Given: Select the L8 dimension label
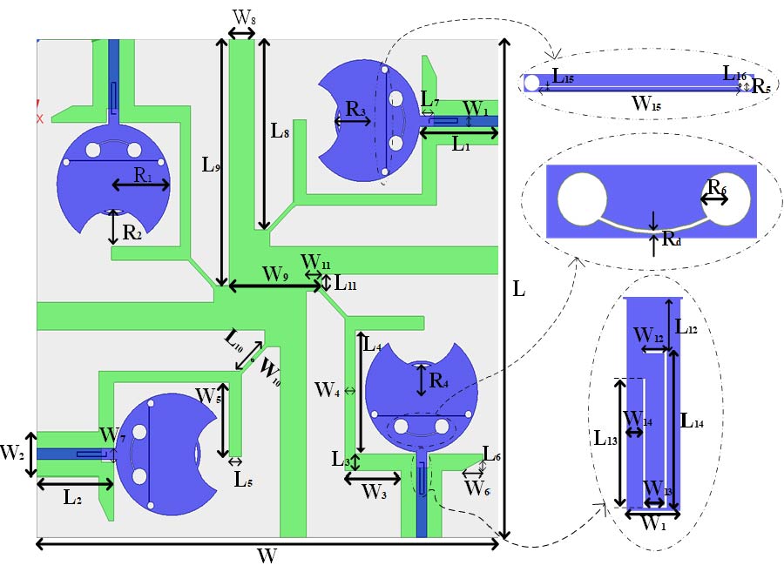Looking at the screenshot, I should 280,132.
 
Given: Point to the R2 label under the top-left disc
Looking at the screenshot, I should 132,232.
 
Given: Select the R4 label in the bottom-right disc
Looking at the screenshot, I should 439,379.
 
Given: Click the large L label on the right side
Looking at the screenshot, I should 519,290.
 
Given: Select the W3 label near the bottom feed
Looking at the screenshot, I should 375,493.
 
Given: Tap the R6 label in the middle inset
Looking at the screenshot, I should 716,186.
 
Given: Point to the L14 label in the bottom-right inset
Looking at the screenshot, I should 693,421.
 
